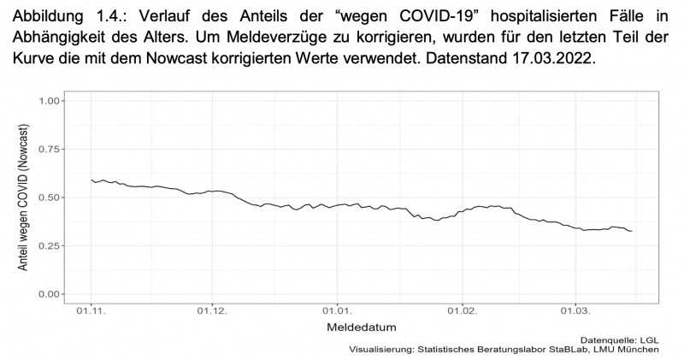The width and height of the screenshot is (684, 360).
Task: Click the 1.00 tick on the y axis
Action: [51, 101]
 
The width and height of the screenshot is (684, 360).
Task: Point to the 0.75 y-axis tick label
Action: [51, 150]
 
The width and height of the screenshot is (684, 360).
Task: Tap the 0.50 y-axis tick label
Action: [51, 198]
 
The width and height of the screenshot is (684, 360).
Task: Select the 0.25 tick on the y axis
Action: [51, 246]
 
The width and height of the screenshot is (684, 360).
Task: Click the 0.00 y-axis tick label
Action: [51, 294]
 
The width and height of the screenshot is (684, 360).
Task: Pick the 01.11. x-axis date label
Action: [91, 311]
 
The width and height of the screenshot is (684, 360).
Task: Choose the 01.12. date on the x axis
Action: [210, 311]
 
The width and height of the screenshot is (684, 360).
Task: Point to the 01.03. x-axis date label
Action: [575, 311]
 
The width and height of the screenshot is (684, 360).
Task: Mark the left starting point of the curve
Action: [91, 180]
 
